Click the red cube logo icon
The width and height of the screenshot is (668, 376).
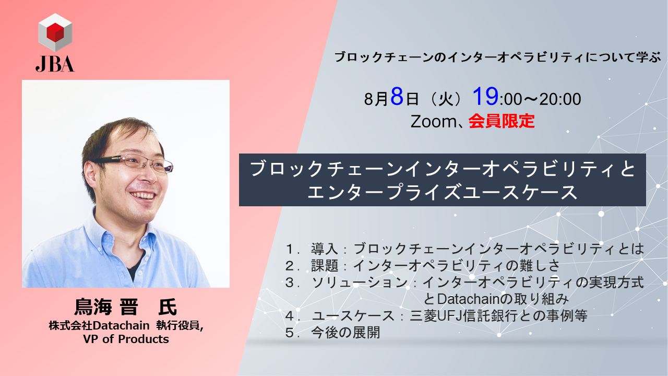click(55, 32)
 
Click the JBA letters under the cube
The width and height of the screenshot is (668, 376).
click(55, 63)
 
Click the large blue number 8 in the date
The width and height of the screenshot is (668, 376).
click(397, 97)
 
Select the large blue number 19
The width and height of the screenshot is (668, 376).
click(485, 97)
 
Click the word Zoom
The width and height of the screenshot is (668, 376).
click(434, 121)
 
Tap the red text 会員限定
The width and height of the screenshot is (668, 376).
click(502, 121)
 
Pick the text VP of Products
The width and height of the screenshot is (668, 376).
click(125, 339)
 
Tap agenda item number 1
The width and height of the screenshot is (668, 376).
click(291, 249)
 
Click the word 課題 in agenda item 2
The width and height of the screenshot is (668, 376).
click(324, 265)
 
